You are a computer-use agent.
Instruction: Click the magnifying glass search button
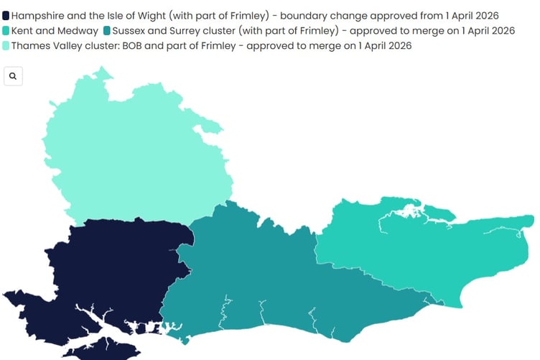[13, 75]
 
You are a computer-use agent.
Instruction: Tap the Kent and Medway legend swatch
[6, 31]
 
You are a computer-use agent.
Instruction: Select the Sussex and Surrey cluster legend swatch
[106, 31]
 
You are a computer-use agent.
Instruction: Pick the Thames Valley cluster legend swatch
[6, 46]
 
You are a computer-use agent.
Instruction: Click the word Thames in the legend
[31, 46]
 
